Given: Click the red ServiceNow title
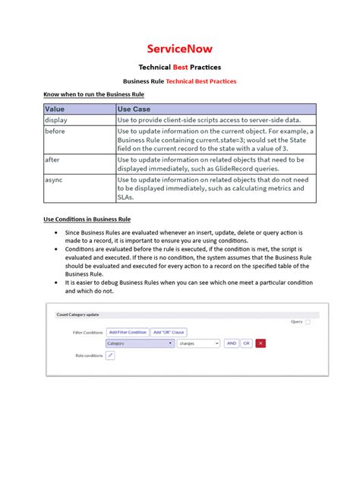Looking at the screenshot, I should click(x=180, y=49).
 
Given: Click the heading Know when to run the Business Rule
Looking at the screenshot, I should click(x=93, y=94).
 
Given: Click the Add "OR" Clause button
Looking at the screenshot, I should click(x=169, y=332).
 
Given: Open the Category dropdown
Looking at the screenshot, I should click(x=140, y=343).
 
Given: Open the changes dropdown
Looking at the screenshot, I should click(x=198, y=343).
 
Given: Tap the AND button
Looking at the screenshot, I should click(x=232, y=343).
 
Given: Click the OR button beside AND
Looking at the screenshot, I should click(x=246, y=343).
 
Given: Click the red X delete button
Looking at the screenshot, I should click(x=261, y=343).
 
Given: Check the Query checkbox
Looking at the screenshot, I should click(x=308, y=322).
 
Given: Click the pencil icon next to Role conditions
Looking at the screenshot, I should click(x=110, y=355).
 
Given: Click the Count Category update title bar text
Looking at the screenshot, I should click(x=77, y=314).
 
